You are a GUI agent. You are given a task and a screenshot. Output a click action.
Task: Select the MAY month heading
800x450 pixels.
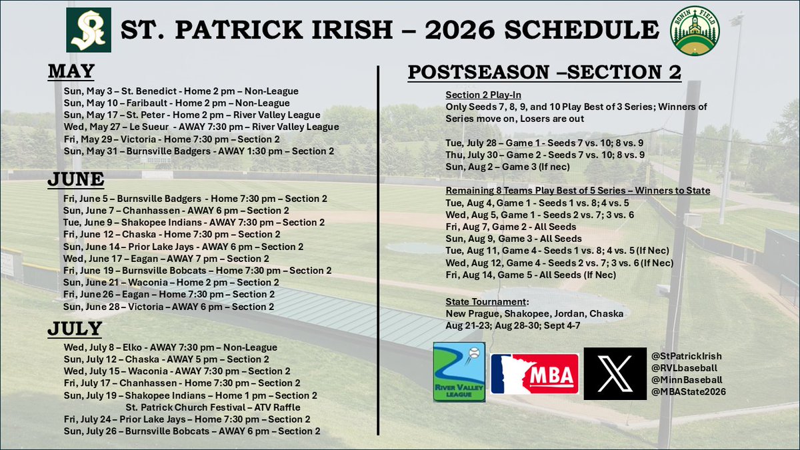pyautogui.click(x=71, y=71)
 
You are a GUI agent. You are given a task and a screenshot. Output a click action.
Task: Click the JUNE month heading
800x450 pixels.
pyautogui.click(x=76, y=179)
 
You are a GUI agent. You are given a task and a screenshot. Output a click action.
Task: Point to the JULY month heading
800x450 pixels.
pyautogui.click(x=75, y=329)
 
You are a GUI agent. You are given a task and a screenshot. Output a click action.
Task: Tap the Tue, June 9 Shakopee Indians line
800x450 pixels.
pyautogui.click(x=194, y=222)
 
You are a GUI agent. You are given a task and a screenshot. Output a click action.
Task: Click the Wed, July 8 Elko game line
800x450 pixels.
pyautogui.click(x=170, y=347)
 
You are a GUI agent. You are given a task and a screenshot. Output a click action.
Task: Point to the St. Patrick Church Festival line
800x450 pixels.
pyautogui.click(x=213, y=407)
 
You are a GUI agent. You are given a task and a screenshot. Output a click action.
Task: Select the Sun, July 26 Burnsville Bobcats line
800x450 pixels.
pyautogui.click(x=191, y=431)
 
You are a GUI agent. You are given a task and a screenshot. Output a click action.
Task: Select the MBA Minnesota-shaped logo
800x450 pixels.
pyautogui.click(x=534, y=373)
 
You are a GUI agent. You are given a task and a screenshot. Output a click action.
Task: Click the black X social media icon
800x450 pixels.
pyautogui.click(x=615, y=373)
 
